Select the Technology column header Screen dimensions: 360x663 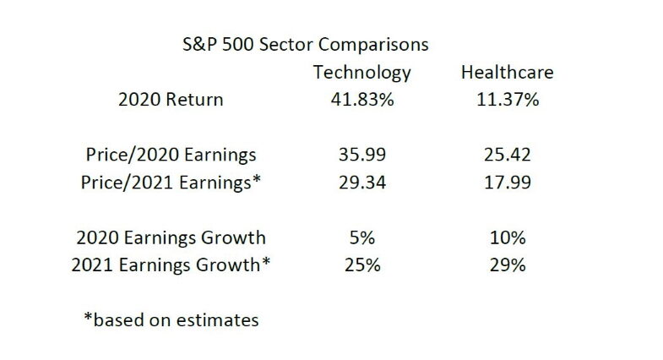coord(361,72)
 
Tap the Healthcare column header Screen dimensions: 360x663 coord(507,72)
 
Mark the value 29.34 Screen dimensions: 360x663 coord(361,183)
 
